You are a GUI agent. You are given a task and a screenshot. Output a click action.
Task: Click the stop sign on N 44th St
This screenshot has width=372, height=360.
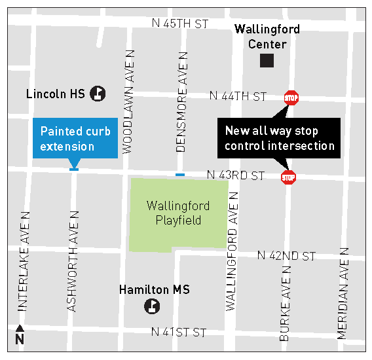[x=291, y=98]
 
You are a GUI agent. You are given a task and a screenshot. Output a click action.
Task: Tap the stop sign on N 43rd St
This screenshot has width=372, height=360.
[x=288, y=177]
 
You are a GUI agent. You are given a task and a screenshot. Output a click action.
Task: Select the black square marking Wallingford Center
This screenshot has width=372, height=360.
[x=267, y=61]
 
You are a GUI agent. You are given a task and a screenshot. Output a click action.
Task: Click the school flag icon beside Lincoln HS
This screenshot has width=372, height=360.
[x=98, y=94]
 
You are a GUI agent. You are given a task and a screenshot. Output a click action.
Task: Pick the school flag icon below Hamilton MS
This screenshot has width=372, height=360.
[x=153, y=306]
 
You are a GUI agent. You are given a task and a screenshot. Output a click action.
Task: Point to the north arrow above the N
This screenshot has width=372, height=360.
[x=20, y=329]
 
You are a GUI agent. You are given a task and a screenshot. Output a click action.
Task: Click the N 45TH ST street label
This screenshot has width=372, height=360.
[x=179, y=24]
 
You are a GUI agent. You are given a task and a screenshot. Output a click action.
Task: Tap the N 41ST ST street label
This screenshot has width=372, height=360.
[x=178, y=333]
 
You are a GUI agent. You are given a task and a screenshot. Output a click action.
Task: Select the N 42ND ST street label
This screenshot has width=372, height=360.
[x=286, y=255]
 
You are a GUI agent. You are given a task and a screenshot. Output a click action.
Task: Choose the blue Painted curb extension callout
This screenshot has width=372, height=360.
[x=75, y=138]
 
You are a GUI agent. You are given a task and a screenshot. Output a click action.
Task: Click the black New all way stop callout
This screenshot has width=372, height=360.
[x=279, y=138]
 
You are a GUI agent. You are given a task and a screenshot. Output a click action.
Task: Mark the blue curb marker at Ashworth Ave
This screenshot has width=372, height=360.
[x=74, y=170]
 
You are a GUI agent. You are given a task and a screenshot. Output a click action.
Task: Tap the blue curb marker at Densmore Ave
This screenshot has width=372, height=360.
[x=180, y=175]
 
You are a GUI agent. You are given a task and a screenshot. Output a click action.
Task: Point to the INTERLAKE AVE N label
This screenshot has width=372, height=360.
[x=25, y=261]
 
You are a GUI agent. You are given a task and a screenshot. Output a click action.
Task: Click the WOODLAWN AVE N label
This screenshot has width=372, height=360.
[x=128, y=101]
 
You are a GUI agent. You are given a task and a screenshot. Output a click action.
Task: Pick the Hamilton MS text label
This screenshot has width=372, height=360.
[x=154, y=289]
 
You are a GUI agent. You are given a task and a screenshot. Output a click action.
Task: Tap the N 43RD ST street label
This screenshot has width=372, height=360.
[x=235, y=175]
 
